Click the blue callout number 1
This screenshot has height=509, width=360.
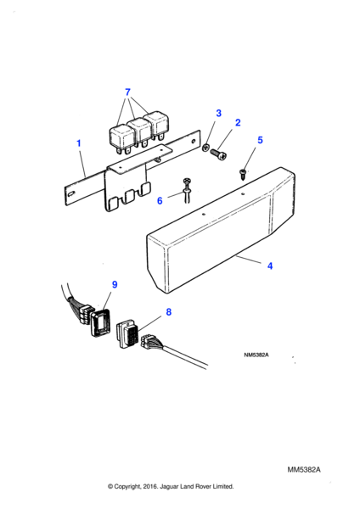pos(78,143)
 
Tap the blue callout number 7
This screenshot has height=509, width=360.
pos(127,92)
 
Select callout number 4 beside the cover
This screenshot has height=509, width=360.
pos(270,266)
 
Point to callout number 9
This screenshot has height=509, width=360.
pos(115,284)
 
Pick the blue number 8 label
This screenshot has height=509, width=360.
pos(168,312)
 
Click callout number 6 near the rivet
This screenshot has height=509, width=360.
pos(160,200)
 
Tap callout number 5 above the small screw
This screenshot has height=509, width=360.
pos(260,140)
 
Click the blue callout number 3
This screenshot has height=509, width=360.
pos(219,113)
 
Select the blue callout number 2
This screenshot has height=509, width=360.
pos(238,123)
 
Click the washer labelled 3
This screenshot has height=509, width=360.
pos(205,148)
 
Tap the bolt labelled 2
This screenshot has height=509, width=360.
pos(218,154)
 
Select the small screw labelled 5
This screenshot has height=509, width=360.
pos(242,174)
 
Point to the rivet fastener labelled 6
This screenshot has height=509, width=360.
pos(187,191)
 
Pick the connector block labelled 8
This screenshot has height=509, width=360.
pos(127,334)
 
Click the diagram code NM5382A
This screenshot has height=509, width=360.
pos(256,355)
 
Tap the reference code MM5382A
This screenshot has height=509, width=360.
pos(304,470)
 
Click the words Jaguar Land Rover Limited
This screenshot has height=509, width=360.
pos(197,487)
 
